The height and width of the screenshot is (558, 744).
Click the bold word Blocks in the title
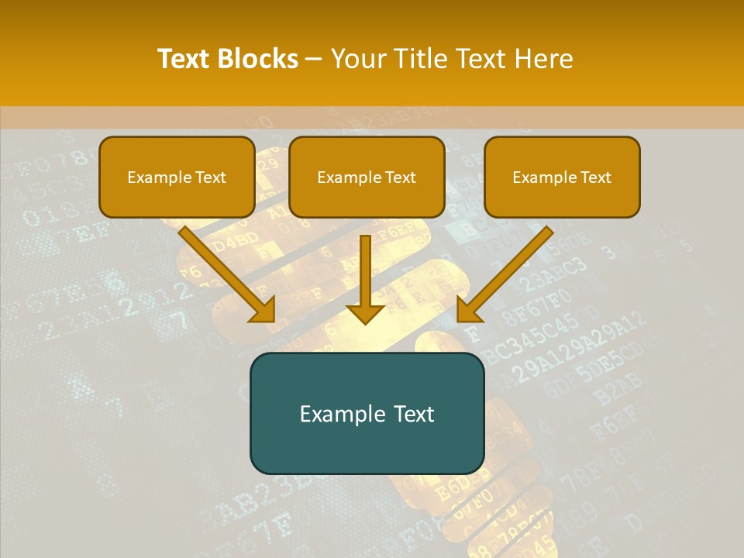(258, 59)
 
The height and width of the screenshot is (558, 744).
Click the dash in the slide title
(314, 60)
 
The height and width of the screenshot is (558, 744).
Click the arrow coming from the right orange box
(508, 271)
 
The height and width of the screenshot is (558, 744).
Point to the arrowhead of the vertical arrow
(365, 313)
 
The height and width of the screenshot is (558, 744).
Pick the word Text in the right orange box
(596, 177)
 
